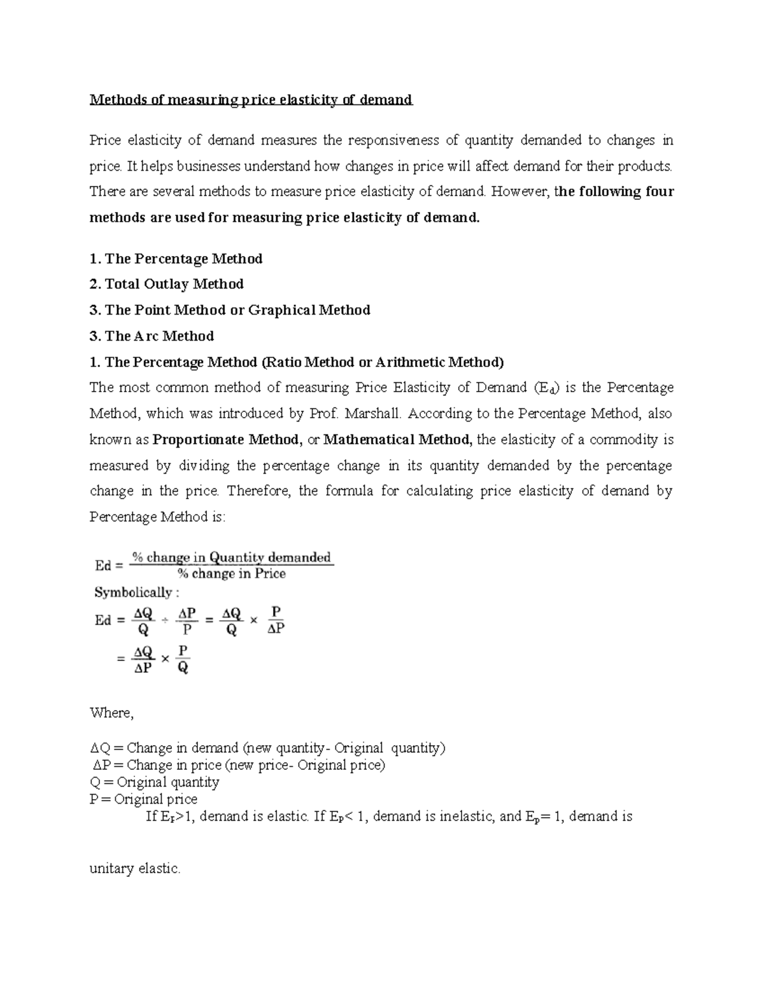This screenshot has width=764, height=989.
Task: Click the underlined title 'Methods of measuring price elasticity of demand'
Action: tap(251, 100)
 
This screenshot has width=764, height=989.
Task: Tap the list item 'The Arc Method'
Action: tap(152, 336)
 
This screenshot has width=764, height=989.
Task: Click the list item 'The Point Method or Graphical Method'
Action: tap(230, 310)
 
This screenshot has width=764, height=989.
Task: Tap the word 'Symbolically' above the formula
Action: tap(133, 593)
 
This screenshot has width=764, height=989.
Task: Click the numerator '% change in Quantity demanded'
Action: tap(232, 558)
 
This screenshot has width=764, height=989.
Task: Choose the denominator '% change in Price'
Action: tap(232, 574)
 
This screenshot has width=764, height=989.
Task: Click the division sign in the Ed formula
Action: tap(165, 621)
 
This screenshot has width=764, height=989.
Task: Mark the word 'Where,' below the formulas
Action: tap(112, 713)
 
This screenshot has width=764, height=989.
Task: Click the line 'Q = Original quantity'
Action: tap(155, 782)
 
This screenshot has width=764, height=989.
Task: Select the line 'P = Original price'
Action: tap(144, 799)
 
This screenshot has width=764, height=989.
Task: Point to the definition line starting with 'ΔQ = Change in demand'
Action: tap(268, 748)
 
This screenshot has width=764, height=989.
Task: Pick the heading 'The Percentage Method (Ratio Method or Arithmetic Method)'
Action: tap(297, 362)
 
